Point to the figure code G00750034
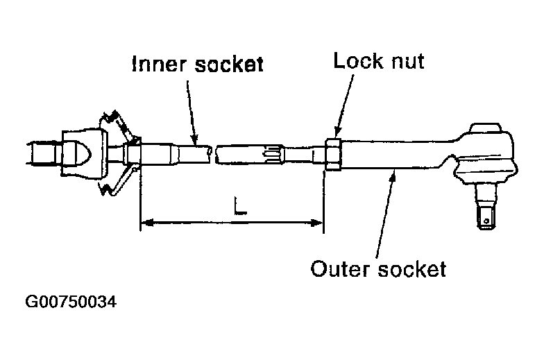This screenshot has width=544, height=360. pos(71,303)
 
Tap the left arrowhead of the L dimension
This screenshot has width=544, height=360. pos(144,223)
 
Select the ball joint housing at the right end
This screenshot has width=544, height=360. pos(485,156)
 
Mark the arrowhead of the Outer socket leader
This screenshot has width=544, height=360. pos(394,175)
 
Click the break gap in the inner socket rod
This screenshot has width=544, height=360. pos(213,153)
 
